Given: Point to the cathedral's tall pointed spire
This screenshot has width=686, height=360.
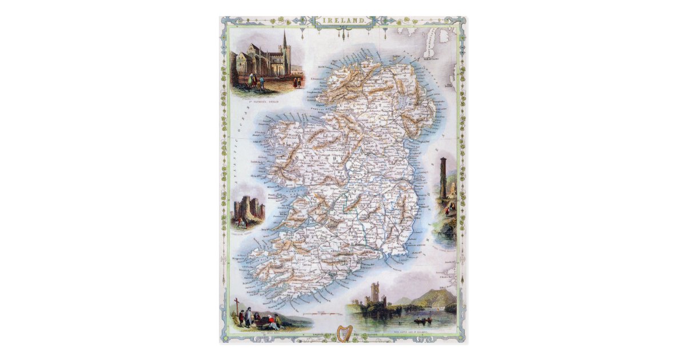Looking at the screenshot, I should coord(285,41).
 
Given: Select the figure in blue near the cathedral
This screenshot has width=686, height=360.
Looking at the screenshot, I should coord(261,82).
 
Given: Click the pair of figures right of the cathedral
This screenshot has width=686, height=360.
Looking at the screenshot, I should coord(296,82).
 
